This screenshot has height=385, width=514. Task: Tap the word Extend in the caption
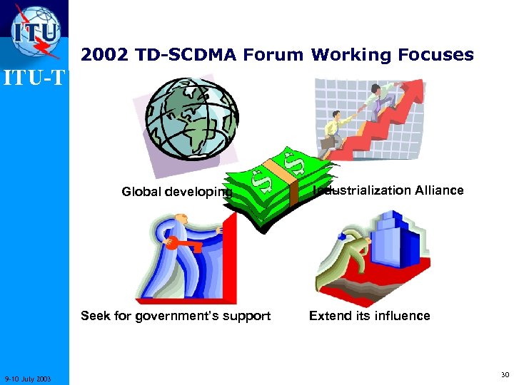[328, 316]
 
